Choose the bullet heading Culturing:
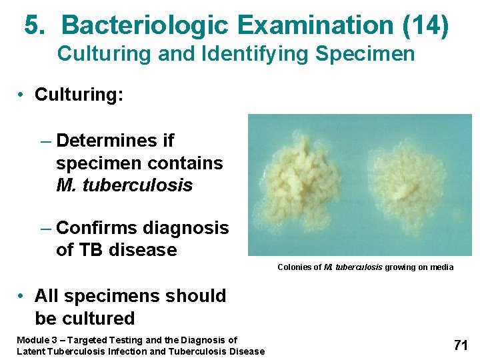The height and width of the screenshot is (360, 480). click(79, 95)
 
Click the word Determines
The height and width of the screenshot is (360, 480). click(107, 141)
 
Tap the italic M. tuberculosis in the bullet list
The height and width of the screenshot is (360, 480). click(124, 185)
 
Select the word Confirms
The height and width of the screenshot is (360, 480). click(98, 228)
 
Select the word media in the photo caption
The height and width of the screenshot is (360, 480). click(442, 267)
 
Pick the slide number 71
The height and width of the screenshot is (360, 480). click(460, 345)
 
